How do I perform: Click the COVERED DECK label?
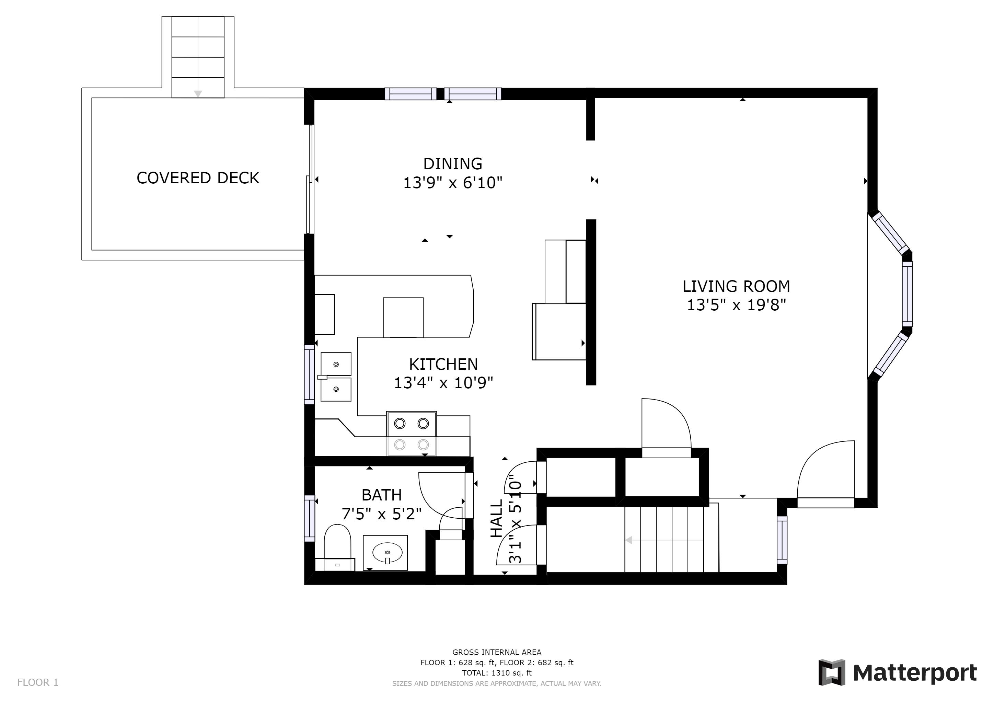coord(198,178)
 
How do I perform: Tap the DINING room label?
coord(452,164)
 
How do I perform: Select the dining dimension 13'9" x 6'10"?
coord(452,183)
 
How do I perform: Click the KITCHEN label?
coord(443,365)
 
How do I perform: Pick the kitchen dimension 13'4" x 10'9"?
coord(443,383)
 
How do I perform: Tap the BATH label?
coord(381,495)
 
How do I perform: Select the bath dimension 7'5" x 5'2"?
coord(381,514)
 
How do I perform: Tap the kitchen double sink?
coord(336,377)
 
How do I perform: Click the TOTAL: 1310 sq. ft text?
coord(497,673)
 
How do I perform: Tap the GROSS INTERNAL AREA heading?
coord(497,652)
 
